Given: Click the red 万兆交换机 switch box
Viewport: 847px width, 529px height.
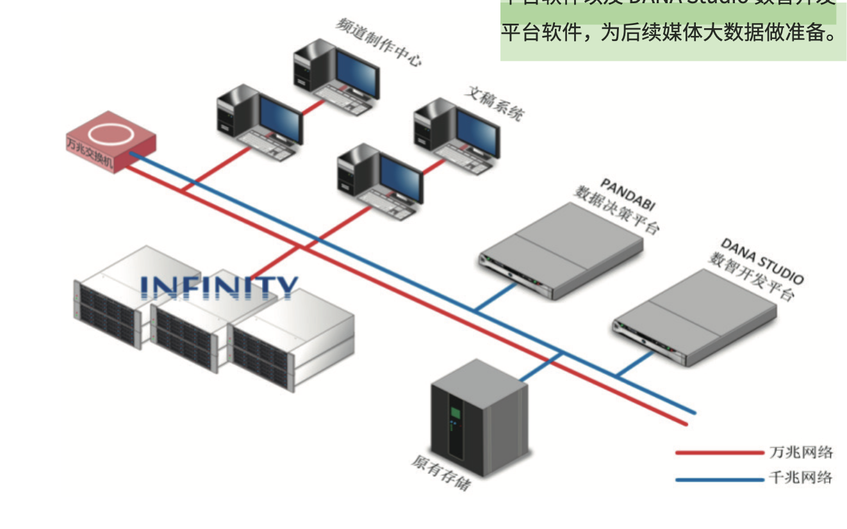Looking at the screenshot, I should point(110,142).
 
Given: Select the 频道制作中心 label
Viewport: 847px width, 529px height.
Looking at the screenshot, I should point(378,41).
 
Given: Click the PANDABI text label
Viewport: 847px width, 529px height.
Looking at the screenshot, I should point(628,196).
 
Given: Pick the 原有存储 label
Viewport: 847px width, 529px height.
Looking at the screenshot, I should point(442,473).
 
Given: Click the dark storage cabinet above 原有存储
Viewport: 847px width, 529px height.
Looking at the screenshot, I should point(477,416).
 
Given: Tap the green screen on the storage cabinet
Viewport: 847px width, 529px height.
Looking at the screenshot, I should point(456,411).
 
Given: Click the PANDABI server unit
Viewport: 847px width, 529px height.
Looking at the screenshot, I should point(561,250).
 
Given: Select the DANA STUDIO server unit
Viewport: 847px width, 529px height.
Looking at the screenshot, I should point(695,317).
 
